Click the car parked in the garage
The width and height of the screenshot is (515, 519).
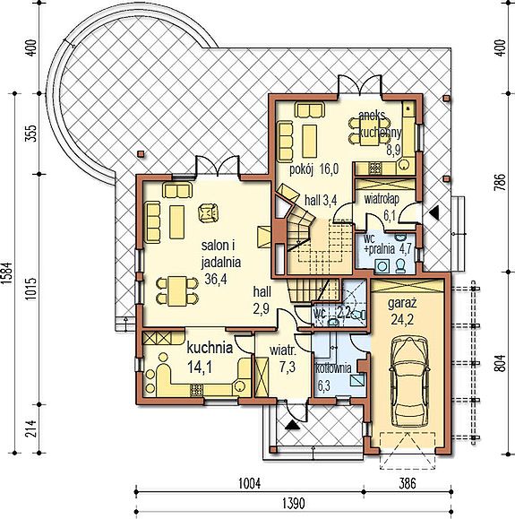pos(409,382)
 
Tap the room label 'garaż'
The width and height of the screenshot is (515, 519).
pos(402,303)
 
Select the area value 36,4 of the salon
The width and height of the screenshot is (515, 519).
pos(216,279)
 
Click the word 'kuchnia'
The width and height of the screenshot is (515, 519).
pos(210,348)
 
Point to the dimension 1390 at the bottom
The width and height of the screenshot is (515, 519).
pos(294,504)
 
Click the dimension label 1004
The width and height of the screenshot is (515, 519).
pos(250,483)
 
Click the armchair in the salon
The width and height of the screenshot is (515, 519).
pos(209,212)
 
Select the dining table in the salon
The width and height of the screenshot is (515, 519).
pos(177,291)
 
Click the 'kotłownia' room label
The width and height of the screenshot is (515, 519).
pos(333,368)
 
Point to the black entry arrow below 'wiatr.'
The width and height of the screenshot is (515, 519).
pos(292,425)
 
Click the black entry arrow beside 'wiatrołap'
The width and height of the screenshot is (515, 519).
pos(434,212)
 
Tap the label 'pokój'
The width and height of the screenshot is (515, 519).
pos(301,169)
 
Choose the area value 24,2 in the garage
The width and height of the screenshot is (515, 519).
pos(402,320)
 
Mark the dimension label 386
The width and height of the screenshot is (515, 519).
pos(407,483)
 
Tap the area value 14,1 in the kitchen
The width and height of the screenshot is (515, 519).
pos(199,368)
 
